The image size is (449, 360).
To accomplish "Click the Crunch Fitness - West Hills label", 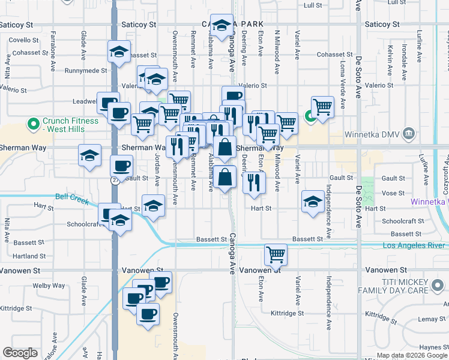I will point(70,125).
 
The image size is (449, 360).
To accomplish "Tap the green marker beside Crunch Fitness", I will point(34,125).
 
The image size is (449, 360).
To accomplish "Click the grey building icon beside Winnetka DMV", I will point(409,132).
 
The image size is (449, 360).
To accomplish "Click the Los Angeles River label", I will point(414,246).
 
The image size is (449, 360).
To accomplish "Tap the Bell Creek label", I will point(67,196).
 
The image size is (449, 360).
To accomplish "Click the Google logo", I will point(20,353).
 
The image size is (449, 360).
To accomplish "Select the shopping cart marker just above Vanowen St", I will point(276,254).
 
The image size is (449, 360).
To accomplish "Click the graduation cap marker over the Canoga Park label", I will point(222,25).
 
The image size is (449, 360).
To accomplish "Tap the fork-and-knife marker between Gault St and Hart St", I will point(255,181).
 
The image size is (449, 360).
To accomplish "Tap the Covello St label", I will point(24,40).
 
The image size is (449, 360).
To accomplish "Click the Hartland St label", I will point(26,256).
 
